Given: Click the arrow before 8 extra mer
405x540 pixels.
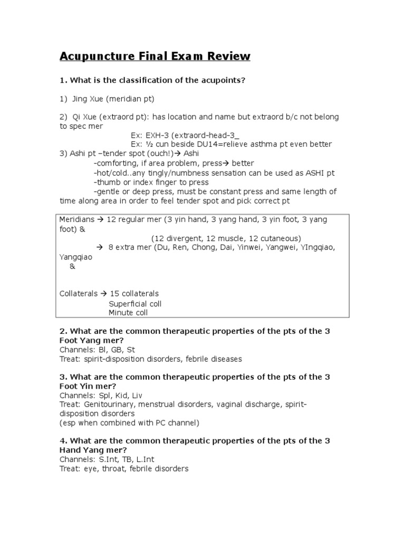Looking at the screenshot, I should [99, 247].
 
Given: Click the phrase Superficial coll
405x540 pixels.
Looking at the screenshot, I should [135, 304].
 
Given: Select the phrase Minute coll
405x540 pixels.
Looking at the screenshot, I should [128, 313].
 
